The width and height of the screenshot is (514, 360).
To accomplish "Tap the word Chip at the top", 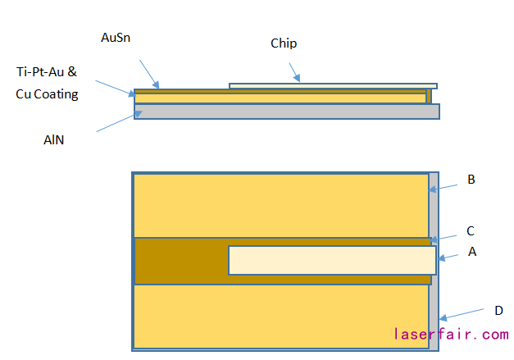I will click(x=284, y=43).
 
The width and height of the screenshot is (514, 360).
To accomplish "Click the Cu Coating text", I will click(x=48, y=94).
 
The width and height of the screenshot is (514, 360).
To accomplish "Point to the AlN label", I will click(x=54, y=140).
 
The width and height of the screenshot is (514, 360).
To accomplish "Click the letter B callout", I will click(x=471, y=180).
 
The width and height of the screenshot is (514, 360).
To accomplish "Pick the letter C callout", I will click(x=471, y=231).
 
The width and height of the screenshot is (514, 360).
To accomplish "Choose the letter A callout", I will click(x=471, y=253).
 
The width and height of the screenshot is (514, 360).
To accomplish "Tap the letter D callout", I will click(x=498, y=310).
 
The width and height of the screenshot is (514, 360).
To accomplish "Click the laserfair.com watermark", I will click(x=450, y=335).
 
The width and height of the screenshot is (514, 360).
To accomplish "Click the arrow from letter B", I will click(x=448, y=186).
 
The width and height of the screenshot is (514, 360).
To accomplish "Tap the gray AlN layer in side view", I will click(x=287, y=112).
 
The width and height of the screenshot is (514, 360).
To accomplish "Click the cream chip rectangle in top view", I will click(x=332, y=260).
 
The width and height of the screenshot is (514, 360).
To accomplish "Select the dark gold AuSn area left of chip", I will click(x=181, y=261).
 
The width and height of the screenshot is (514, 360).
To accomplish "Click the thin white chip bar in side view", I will click(x=332, y=85).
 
